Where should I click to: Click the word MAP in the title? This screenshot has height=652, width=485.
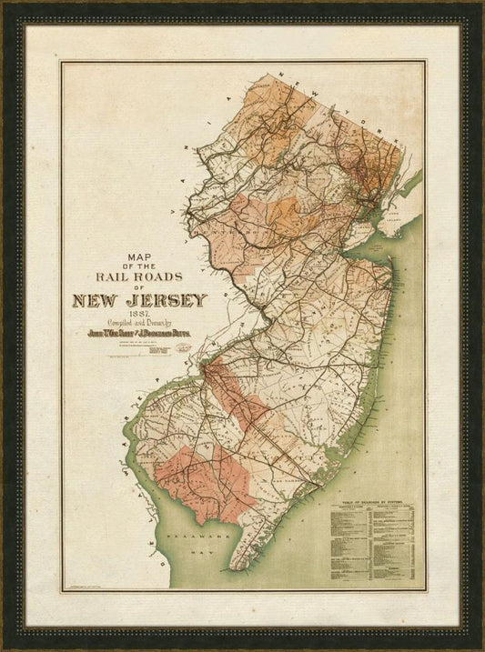[x=140, y=257]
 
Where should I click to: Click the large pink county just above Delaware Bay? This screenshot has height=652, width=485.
[x=200, y=477]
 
